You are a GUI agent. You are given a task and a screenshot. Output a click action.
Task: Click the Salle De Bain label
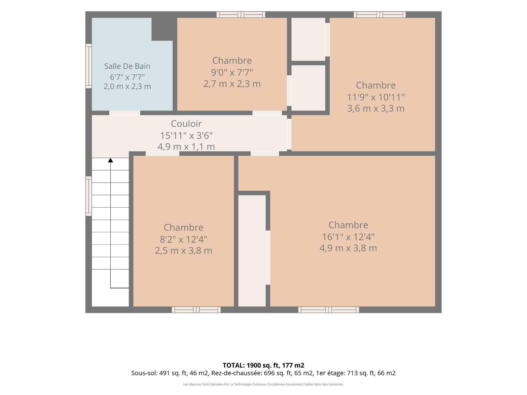[127, 66]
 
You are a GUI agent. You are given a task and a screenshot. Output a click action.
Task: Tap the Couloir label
[186, 124]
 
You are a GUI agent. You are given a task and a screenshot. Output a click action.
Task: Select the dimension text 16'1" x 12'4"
[348, 237]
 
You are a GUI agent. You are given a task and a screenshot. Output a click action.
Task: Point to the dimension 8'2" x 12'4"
[183, 239]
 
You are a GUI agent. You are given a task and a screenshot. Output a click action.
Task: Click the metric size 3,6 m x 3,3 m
[376, 109]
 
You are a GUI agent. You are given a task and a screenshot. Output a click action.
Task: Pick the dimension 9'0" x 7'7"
[232, 72]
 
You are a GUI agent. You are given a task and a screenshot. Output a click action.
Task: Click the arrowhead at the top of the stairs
[110, 160]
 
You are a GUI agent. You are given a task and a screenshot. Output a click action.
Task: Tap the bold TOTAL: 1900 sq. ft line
[263, 365]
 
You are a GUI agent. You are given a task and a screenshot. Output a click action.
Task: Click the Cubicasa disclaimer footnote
[263, 384]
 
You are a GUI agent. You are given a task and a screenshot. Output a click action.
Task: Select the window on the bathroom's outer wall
[88, 66]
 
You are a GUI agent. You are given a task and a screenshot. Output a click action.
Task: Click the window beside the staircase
[88, 196]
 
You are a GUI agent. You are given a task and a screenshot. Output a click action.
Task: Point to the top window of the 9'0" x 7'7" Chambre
[241, 15]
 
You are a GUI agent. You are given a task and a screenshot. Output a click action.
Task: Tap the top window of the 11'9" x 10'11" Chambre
[380, 15]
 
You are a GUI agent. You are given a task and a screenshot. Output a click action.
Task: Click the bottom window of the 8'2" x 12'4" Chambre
[196, 310]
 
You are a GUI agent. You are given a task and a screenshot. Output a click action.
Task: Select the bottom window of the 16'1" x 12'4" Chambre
[329, 310]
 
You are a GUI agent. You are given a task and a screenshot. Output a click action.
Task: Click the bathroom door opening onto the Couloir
[125, 113]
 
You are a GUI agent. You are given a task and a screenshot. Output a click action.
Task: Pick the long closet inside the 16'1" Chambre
[252, 251]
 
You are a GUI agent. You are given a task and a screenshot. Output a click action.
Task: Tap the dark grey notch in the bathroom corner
[162, 29]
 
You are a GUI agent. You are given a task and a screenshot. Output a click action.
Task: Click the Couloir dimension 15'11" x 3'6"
[186, 136]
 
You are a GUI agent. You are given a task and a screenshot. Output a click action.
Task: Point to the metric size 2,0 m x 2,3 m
[127, 86]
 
